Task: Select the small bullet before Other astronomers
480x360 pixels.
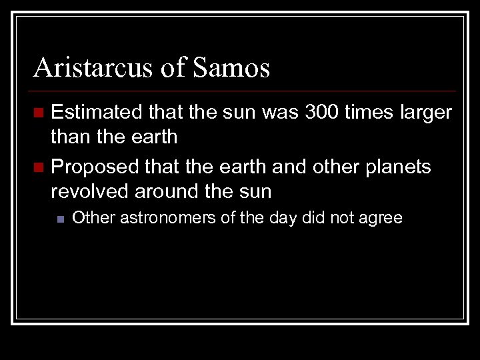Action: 61,218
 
